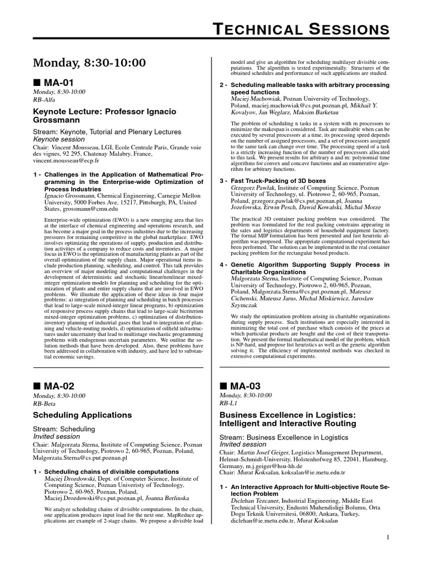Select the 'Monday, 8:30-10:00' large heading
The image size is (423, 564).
click(x=90, y=63)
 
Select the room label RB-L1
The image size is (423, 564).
click(x=229, y=403)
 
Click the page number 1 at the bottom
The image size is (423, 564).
click(x=388, y=537)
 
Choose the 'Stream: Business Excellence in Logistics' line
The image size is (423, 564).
click(x=284, y=437)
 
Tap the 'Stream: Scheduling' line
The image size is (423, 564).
click(x=64, y=429)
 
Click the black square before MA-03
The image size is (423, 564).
click(x=223, y=386)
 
